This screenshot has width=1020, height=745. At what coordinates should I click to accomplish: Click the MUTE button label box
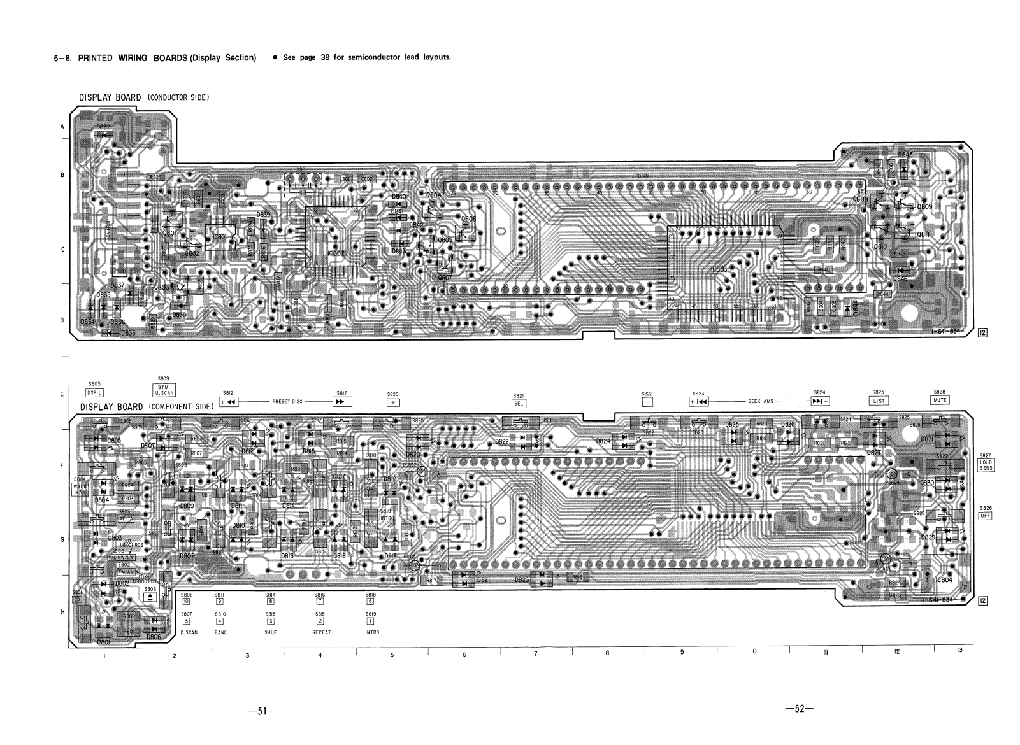pos(940,400)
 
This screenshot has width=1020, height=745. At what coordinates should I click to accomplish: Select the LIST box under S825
pos(878,401)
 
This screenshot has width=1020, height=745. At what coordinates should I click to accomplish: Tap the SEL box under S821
pos(518,403)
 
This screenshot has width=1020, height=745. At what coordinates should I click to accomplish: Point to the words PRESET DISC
pos(287,402)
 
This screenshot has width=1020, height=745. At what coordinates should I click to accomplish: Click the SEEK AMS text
pos(760,402)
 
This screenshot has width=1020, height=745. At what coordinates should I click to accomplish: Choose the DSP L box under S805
pos(94,393)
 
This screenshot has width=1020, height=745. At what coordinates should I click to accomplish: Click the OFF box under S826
pos(985,516)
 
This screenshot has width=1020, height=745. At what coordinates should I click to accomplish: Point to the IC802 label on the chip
pos(336,253)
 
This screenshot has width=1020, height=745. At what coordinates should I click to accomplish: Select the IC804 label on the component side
pos(943,580)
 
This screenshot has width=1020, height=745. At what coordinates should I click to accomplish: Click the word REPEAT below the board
pos(321,632)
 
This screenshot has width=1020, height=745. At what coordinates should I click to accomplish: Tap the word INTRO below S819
pos(371,632)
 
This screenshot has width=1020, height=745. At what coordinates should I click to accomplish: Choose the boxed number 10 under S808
pos(187,601)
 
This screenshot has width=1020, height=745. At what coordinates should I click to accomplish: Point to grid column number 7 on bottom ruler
pos(535,654)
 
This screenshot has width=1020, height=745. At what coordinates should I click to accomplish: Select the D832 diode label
pos(103,127)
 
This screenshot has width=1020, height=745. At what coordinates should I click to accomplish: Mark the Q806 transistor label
pos(468,219)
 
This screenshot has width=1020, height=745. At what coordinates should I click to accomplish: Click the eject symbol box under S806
pos(149,597)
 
